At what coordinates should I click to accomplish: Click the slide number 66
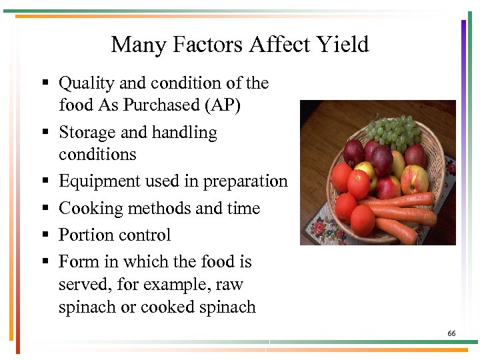point(451,333)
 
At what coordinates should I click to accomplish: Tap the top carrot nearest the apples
point(407,199)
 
